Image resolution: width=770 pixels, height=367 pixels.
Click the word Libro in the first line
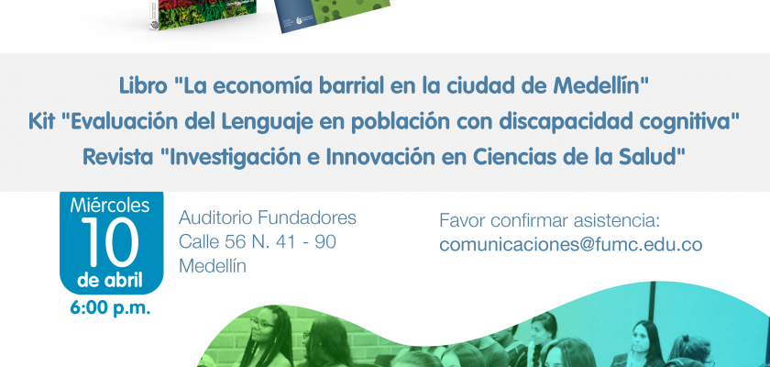point(143,87)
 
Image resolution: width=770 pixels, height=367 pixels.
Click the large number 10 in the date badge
point(111,243)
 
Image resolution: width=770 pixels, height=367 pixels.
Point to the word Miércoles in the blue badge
point(110,205)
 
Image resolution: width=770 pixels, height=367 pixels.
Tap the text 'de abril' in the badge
point(110,281)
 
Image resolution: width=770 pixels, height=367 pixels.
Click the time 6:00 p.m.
point(110,308)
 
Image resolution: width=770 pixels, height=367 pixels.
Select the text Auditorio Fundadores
point(267,217)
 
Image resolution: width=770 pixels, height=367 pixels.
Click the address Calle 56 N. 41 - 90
point(258,241)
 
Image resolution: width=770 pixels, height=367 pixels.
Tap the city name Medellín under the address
point(212,266)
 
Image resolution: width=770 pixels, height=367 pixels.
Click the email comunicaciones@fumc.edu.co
point(570,244)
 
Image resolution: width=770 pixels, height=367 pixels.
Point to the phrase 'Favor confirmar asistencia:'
point(549,220)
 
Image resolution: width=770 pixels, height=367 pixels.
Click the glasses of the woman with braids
point(262,323)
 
